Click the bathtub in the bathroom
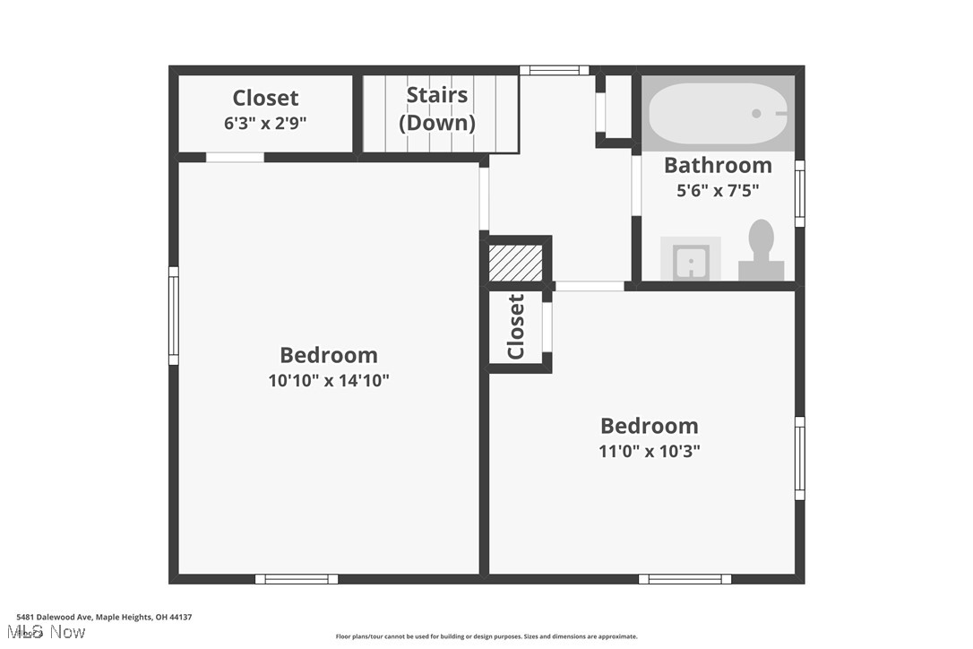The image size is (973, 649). coord(717,114)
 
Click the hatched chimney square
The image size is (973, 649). coord(515,263)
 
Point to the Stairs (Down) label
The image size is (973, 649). coord(437,108)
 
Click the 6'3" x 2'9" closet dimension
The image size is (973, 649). coord(265,123)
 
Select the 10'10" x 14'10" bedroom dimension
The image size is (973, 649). coord(329,380)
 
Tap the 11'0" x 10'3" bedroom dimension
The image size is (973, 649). coord(650,451)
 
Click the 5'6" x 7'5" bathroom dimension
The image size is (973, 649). coord(718,190)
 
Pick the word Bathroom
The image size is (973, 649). coord(718,165)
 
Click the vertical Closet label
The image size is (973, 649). coord(516,326)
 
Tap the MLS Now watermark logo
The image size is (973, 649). coord(50,633)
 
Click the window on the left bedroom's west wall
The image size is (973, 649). coord(174,316)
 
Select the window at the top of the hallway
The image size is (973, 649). coord(555,70)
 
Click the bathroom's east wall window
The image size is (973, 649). coord(800,194)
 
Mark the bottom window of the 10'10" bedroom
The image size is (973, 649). coord(297,579)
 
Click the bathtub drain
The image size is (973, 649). coord(757,114)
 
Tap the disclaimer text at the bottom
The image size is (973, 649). coord(486,636)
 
